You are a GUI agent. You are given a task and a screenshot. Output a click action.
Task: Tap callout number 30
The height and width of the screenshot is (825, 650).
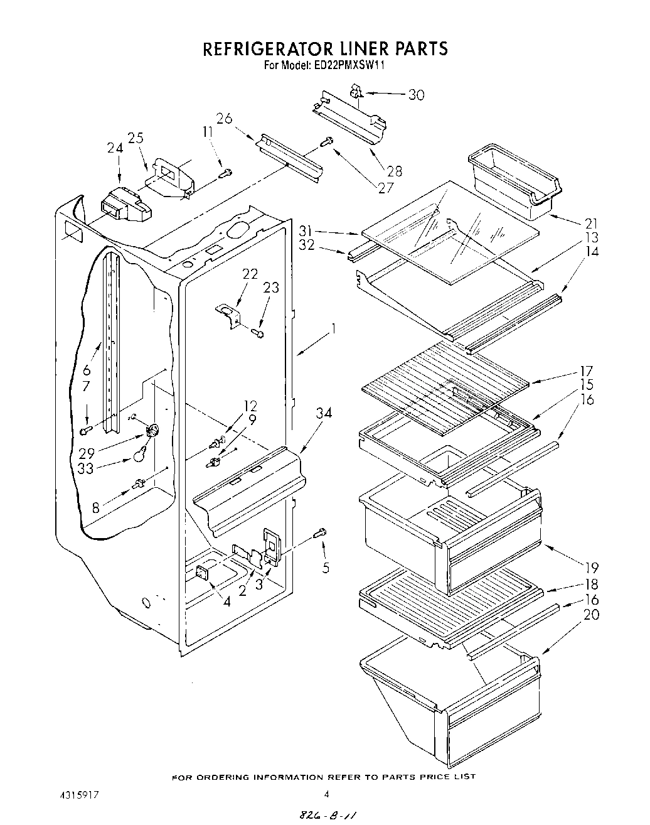tap(416, 95)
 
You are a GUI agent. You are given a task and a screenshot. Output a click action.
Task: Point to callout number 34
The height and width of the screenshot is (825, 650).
tap(324, 413)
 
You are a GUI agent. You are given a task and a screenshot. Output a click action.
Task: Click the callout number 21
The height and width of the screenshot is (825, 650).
tap(590, 223)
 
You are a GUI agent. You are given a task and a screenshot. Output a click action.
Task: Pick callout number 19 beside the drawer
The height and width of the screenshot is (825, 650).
tap(591, 568)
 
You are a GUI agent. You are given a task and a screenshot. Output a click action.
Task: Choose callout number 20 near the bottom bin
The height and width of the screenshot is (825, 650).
tap(591, 615)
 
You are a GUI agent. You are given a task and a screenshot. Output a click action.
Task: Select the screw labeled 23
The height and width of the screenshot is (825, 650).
tap(258, 333)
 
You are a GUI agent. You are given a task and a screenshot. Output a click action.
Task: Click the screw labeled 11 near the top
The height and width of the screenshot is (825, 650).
tap(227, 172)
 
